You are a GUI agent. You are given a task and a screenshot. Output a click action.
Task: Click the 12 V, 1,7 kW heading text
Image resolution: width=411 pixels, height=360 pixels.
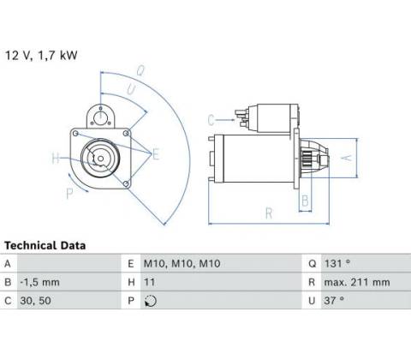tap(41, 55)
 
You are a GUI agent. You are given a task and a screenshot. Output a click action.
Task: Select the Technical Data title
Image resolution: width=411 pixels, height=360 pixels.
tap(45, 245)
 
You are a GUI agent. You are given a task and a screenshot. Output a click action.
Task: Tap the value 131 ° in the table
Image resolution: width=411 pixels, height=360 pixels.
tap(337, 263)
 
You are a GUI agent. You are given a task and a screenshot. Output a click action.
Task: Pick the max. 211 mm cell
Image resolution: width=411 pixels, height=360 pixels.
tap(357, 282)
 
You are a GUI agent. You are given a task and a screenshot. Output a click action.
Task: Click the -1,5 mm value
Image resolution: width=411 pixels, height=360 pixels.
tap(39, 282)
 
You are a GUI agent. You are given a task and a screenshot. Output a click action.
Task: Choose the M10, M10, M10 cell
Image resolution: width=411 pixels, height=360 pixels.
tap(182, 263)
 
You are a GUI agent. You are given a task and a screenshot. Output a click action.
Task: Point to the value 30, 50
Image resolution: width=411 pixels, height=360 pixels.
tap(35, 301)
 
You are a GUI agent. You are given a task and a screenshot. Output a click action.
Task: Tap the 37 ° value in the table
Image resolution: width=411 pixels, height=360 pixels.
tap(334, 300)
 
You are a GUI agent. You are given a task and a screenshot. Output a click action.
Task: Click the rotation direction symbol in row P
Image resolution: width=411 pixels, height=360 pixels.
tap(151, 301)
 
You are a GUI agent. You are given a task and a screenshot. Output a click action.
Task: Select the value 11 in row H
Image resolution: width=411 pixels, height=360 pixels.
tap(149, 282)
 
